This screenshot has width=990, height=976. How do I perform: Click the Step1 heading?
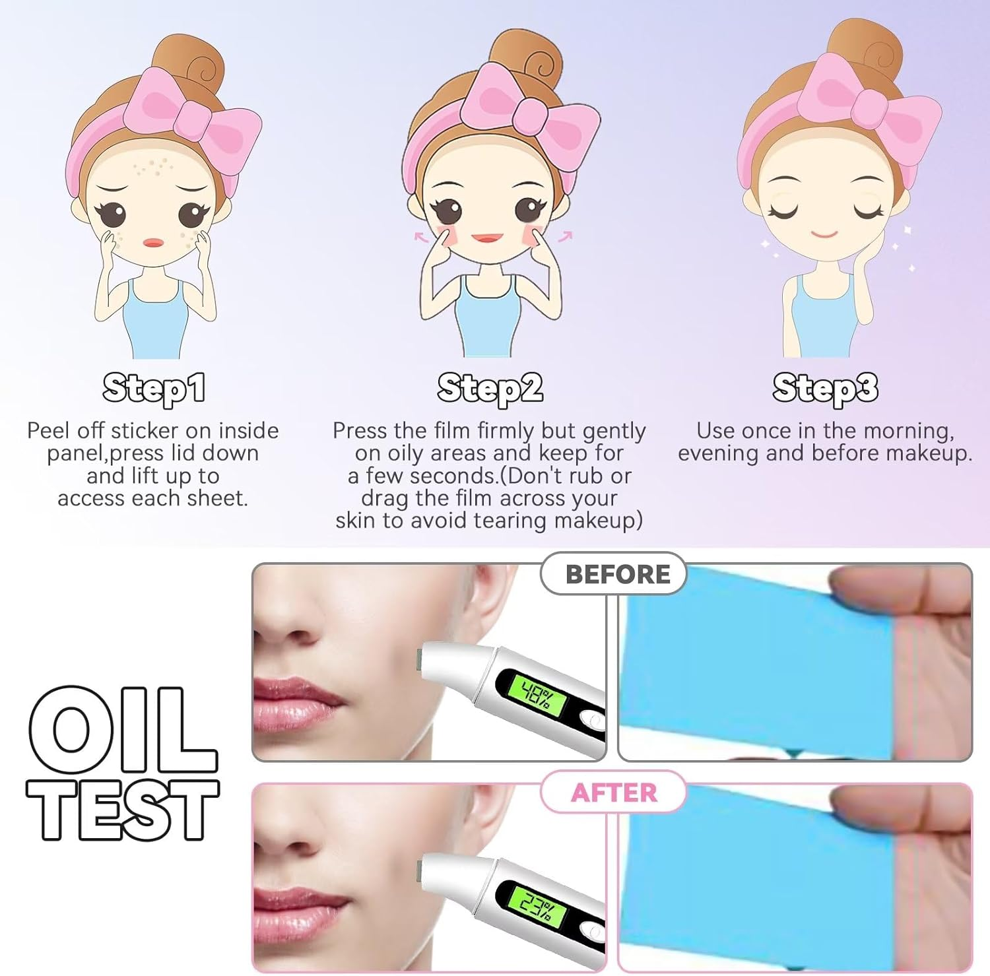coord(153,388)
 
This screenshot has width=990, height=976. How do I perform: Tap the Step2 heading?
coord(490,388)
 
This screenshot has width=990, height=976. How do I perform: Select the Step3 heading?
coord(825,388)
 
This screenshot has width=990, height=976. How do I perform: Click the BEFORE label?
coord(617,574)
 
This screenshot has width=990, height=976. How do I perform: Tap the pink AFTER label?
coord(614,793)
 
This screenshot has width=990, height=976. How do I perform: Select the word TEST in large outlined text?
coord(123,809)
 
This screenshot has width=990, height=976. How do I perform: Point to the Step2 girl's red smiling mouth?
coord(488,238)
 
